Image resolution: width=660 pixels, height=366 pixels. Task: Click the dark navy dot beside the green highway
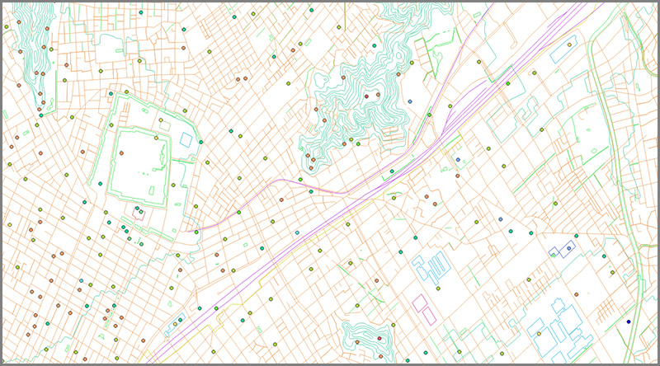pos(628,321)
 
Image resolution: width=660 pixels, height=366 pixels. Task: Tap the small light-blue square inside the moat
pos(185,138)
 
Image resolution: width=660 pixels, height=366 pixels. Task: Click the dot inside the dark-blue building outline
pos(568,248)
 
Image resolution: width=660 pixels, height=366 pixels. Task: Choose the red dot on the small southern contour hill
pos(357,340)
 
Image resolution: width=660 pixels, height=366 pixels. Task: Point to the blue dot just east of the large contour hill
pos(409,101)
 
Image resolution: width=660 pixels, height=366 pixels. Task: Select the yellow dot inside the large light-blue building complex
pos(539,334)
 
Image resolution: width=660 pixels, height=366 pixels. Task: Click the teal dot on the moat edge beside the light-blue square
pos(200,143)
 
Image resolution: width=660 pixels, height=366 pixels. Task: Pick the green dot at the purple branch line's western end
pos(197,232)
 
